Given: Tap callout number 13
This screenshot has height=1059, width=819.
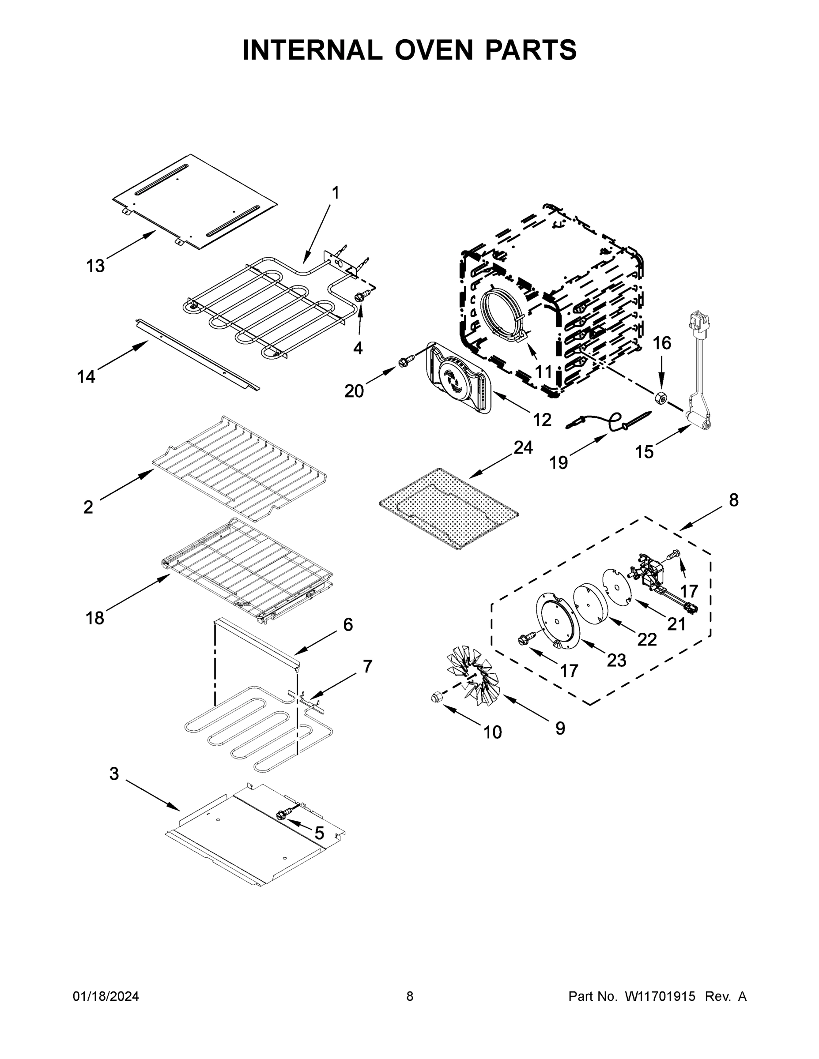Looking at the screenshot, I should click(95, 266).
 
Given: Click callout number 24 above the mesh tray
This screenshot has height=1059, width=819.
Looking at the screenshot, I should click(523, 447).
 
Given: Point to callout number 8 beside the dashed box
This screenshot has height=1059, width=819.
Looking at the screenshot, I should click(733, 499).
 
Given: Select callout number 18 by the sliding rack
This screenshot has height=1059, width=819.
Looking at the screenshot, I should click(94, 618).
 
